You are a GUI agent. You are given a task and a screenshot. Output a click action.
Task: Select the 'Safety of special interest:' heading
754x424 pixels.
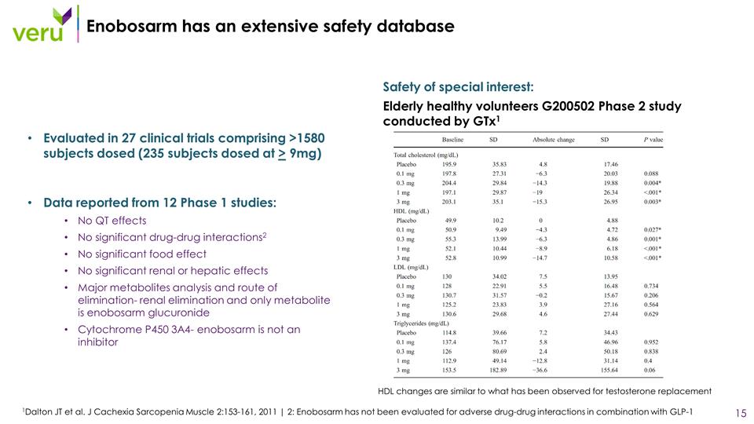[458, 86]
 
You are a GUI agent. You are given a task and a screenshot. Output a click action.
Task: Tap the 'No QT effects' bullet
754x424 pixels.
[112, 221]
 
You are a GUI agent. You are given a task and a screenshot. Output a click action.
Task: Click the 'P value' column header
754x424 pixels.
[653, 140]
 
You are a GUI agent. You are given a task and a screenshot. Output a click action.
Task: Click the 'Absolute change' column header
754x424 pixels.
[554, 140]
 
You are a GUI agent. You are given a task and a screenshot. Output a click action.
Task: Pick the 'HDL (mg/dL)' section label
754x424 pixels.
[412, 210]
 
